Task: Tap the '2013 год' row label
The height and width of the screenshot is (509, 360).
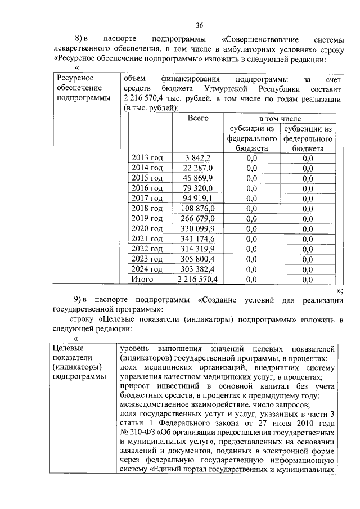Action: coord(147,157)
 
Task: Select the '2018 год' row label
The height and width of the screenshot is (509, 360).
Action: coord(147,208)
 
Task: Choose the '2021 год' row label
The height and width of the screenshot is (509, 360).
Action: coord(147,238)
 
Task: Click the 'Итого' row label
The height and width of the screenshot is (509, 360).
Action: coord(142,279)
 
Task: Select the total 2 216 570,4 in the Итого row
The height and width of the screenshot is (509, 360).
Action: coord(197,279)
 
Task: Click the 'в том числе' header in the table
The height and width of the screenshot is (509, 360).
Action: coord(280,119)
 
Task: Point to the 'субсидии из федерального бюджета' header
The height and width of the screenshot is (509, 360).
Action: coord(251,138)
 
